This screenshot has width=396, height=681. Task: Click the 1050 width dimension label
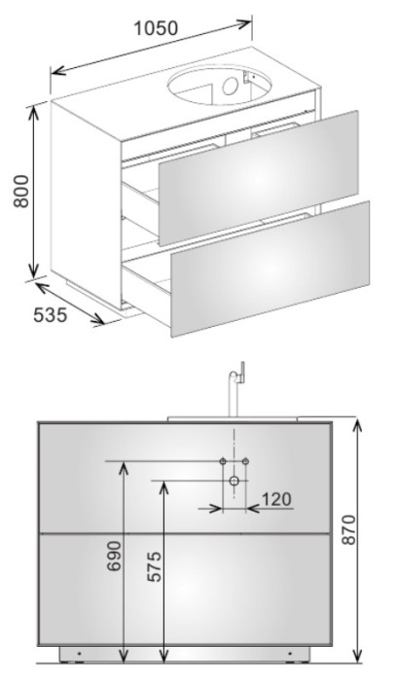[x=156, y=28]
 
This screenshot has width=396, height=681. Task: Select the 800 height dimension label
[x=20, y=191]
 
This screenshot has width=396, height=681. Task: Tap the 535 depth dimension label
[x=51, y=315]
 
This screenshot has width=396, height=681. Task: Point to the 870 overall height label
[x=347, y=529]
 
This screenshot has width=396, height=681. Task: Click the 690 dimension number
[x=115, y=556]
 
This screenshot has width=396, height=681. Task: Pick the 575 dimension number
[x=154, y=566]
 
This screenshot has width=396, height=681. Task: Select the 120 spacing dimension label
[x=276, y=499]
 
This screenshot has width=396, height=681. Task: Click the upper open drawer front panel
[x=259, y=178]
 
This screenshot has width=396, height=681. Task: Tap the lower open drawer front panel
[x=270, y=269]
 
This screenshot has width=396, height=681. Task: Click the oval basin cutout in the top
[x=219, y=86]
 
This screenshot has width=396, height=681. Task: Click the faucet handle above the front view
[x=242, y=373]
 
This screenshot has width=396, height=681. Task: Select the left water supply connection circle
[x=223, y=461]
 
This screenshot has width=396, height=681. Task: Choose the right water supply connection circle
[x=245, y=461]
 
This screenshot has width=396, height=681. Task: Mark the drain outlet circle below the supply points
[x=234, y=481]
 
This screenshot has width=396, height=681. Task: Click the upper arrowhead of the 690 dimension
[x=124, y=468]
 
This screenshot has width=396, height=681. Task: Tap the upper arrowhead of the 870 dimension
[x=357, y=425]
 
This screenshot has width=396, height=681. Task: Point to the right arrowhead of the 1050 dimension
[x=245, y=23]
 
